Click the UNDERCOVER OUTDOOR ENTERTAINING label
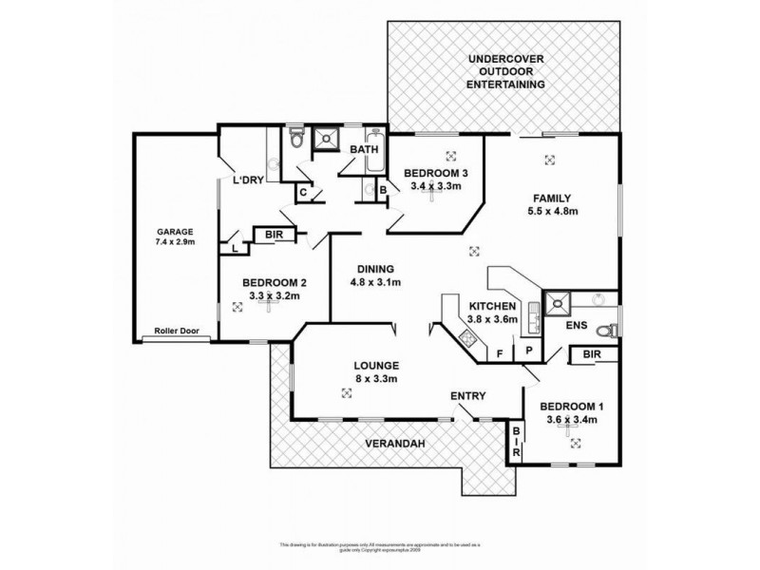click(x=506, y=72)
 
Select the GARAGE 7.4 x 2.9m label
click(x=176, y=236)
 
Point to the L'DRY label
click(x=247, y=180)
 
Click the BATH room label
click(x=365, y=150)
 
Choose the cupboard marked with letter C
click(x=303, y=193)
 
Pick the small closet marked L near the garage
click(x=234, y=248)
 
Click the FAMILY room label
click(x=553, y=205)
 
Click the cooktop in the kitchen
click(x=467, y=335)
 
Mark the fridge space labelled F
click(x=499, y=354)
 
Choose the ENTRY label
click(x=469, y=396)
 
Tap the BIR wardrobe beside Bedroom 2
click(x=274, y=234)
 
